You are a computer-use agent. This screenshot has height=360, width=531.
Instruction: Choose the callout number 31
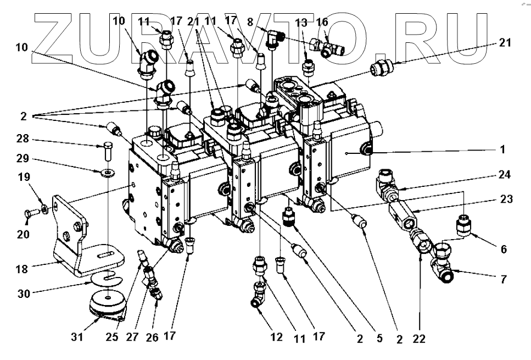tap(77, 336)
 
